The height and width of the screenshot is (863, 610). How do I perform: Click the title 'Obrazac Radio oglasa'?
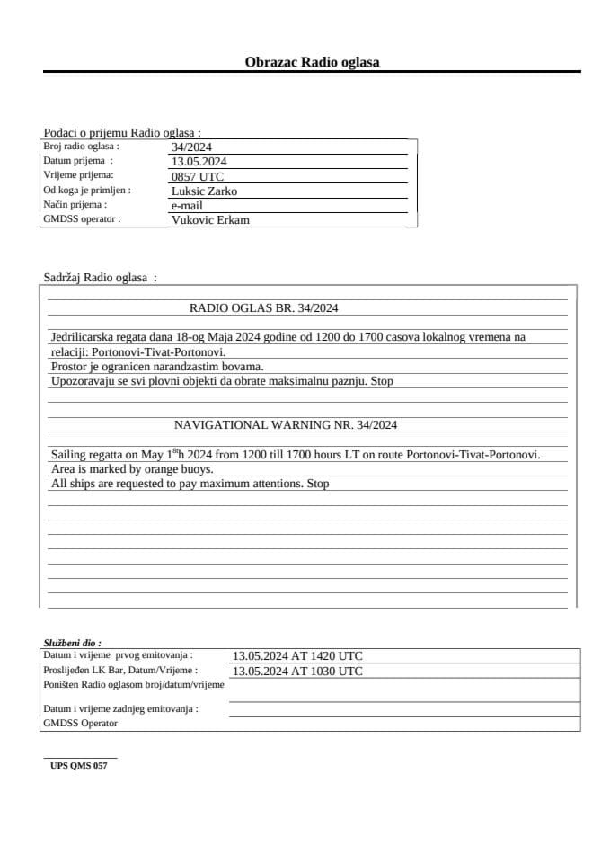coord(312,62)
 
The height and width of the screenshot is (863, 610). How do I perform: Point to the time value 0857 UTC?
coord(197,176)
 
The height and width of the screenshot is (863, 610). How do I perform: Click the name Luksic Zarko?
coord(204,191)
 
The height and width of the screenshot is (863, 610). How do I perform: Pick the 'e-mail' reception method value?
coord(187,205)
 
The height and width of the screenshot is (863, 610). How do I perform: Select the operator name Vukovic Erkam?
coord(210,219)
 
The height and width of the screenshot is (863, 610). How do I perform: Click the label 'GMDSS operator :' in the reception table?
coord(82,218)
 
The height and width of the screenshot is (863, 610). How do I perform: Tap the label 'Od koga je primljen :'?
coord(87,191)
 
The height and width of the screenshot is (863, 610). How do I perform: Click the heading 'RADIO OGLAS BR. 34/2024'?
coord(263,307)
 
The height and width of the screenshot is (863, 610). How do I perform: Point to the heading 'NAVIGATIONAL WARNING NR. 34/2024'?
coord(286,424)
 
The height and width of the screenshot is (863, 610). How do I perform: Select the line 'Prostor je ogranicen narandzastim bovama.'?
coord(157,367)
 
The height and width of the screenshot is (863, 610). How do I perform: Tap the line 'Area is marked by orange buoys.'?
coord(132,469)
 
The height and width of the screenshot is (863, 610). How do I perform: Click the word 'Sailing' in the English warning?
coord(69,455)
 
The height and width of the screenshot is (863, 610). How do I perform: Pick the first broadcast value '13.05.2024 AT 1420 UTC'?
coord(297,656)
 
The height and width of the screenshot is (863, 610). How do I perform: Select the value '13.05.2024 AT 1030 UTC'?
coord(297,671)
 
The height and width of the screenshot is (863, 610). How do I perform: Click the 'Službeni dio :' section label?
coord(72,643)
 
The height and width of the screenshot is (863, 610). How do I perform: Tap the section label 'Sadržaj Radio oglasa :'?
coord(100,278)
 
